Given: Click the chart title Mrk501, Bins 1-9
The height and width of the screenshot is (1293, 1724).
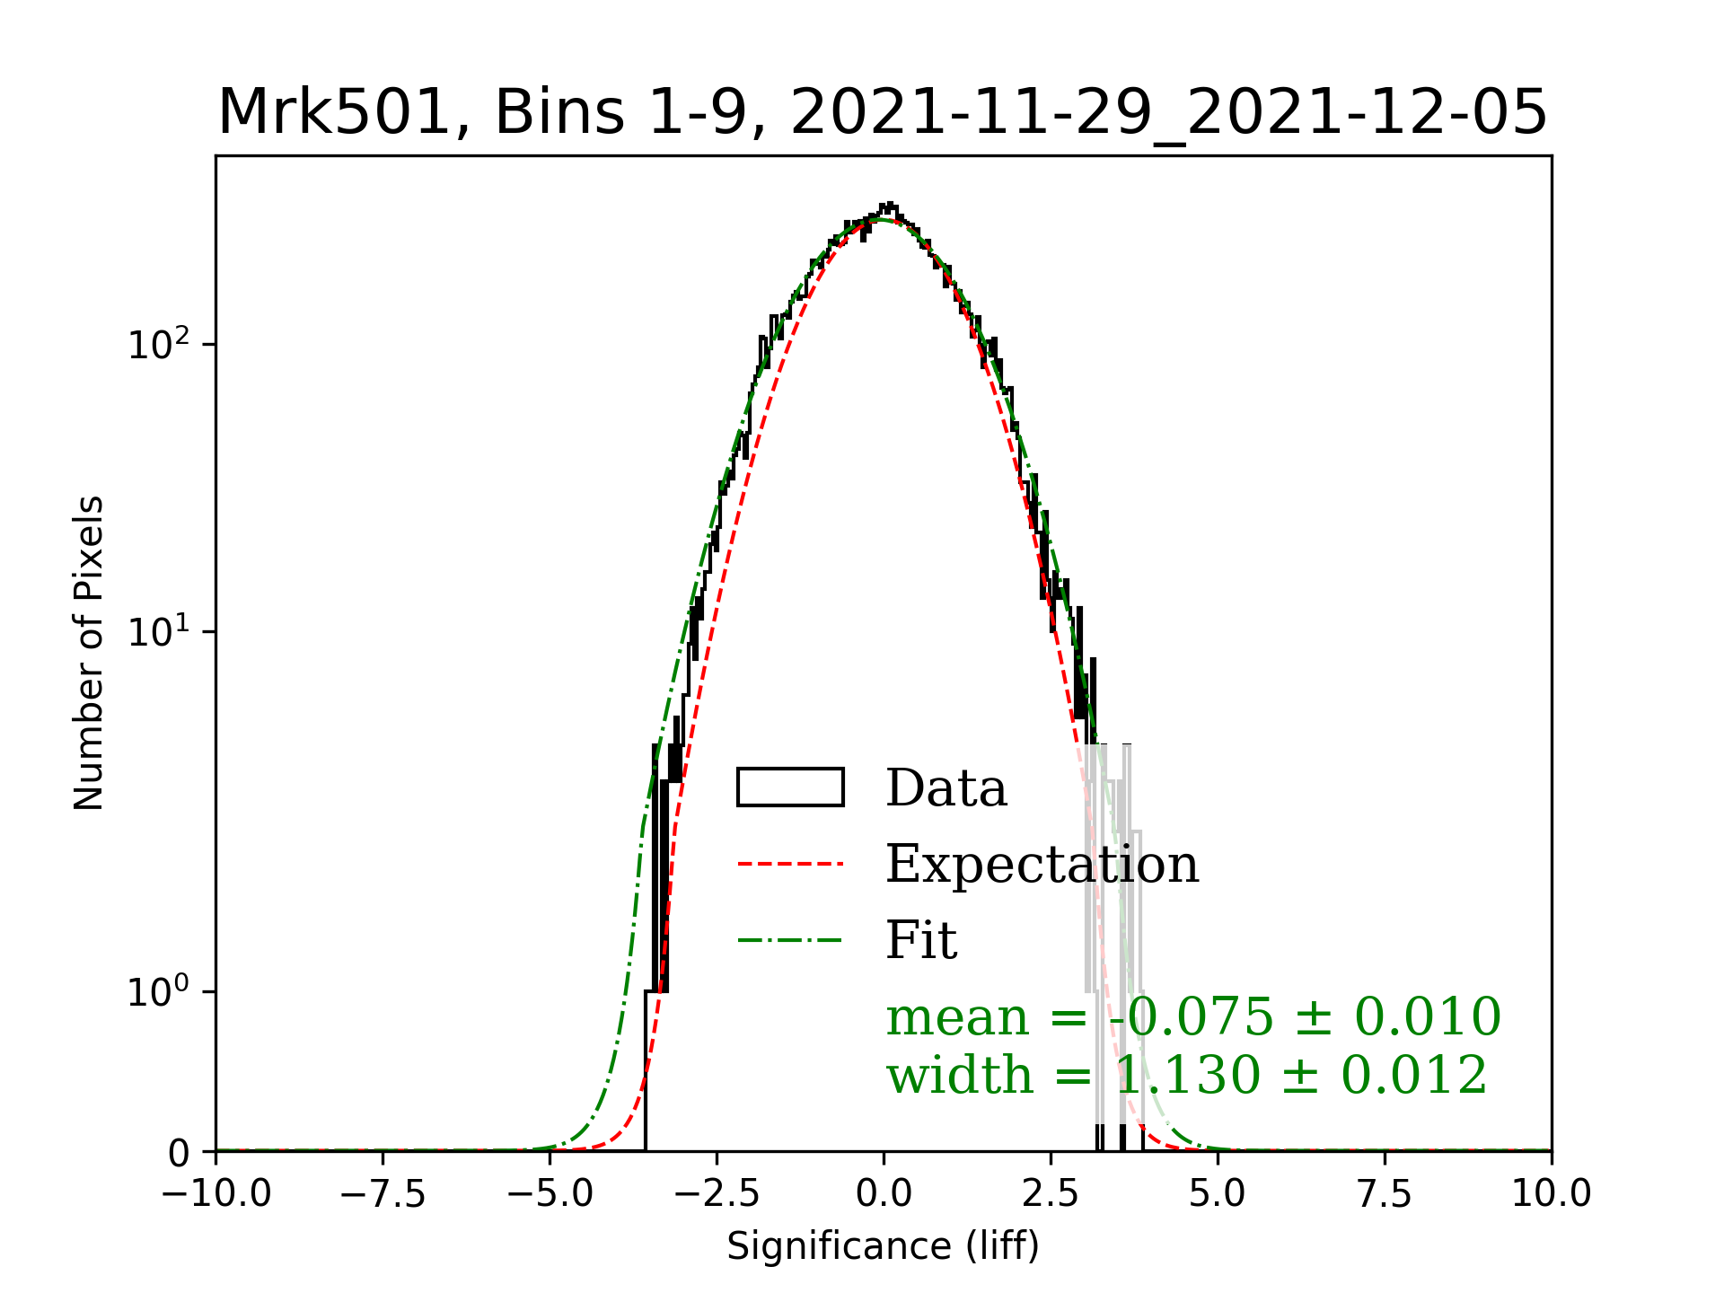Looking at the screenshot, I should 882,113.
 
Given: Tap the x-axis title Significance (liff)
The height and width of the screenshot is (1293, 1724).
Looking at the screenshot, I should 883,1246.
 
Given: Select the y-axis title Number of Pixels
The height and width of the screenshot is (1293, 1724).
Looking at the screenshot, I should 89,653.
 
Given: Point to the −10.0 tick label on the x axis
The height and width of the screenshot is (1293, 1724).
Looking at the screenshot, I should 216,1194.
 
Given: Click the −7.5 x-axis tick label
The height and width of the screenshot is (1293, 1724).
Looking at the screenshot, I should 383,1194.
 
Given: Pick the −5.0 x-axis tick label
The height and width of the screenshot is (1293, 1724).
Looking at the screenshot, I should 550,1194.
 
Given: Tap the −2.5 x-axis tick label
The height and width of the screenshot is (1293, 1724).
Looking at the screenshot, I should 717,1194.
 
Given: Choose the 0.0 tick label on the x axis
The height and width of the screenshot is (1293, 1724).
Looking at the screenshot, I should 884,1194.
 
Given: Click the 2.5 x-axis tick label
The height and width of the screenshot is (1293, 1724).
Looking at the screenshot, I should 1051,1194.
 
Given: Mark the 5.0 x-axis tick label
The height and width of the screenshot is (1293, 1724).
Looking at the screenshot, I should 1218,1194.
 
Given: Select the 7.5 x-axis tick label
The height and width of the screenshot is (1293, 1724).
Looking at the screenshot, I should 1385,1194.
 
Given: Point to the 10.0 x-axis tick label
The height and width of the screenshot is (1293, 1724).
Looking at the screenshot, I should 1552,1194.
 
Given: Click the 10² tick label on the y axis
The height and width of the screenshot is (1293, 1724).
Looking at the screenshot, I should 159,345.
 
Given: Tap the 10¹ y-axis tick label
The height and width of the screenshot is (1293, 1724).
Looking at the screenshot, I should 159,632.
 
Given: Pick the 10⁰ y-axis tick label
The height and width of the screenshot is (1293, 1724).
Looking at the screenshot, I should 159,992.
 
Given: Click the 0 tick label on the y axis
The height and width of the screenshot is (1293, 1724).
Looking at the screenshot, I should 180,1153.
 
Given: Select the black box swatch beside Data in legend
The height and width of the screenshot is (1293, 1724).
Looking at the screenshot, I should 790,787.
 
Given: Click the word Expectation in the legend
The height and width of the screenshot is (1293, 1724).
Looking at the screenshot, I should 1042,864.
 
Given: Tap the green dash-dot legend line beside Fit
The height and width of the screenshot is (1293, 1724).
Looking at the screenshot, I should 790,941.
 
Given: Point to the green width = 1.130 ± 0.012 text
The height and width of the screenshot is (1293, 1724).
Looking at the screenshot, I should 1187,1075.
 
